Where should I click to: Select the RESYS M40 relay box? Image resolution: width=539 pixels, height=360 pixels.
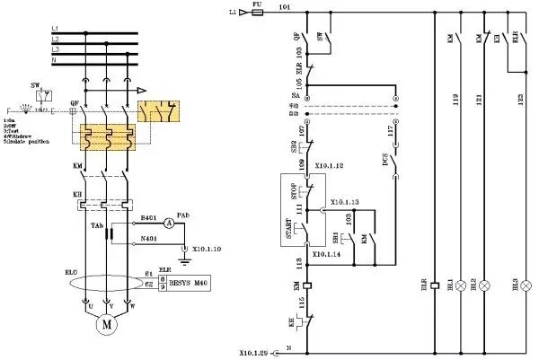coord(187,283)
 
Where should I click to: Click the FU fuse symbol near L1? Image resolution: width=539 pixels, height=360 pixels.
coord(258,12)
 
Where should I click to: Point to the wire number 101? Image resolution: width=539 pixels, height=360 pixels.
coord(285,7)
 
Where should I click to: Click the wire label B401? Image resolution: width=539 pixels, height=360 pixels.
coord(150,216)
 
